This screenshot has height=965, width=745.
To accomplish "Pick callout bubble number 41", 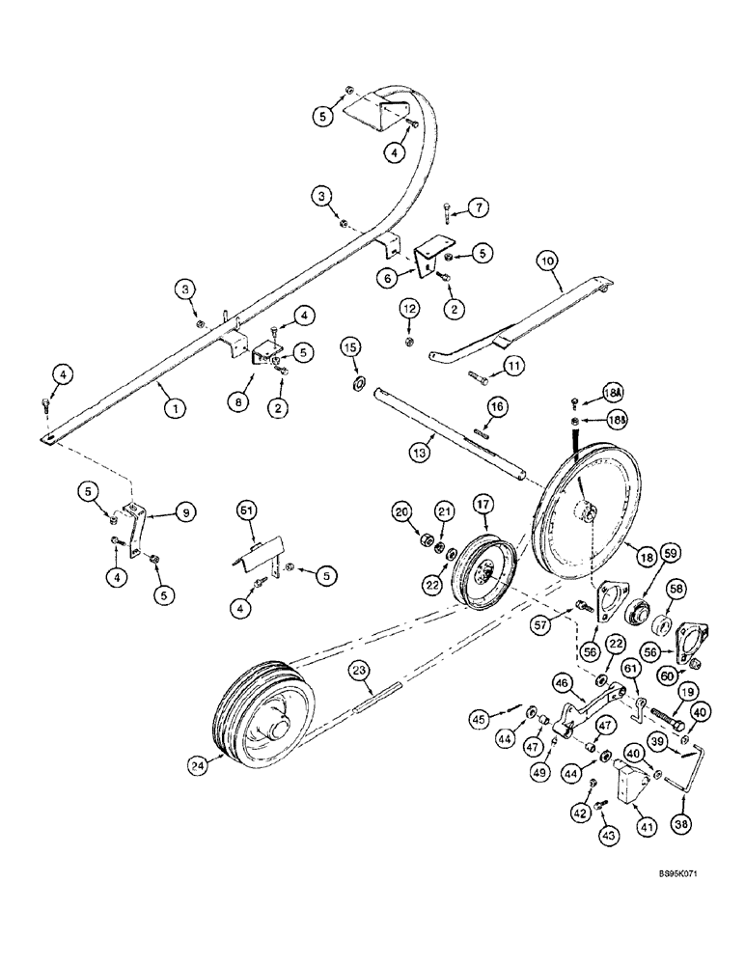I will [638, 827].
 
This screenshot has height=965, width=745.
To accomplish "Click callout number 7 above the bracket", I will [480, 207].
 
